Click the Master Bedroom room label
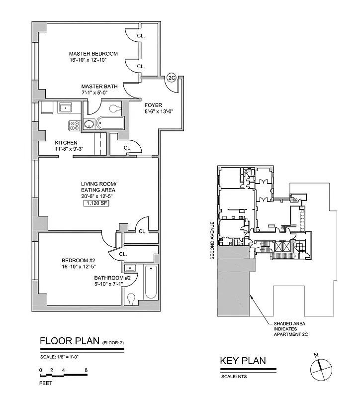[93, 54]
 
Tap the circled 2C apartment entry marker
[172, 78]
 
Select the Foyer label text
[152, 105]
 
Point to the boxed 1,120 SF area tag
[98, 203]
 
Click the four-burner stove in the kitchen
[75, 126]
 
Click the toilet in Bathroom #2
[131, 298]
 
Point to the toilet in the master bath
[115, 107]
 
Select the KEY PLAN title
[243, 361]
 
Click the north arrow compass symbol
[319, 369]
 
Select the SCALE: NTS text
[235, 377]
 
